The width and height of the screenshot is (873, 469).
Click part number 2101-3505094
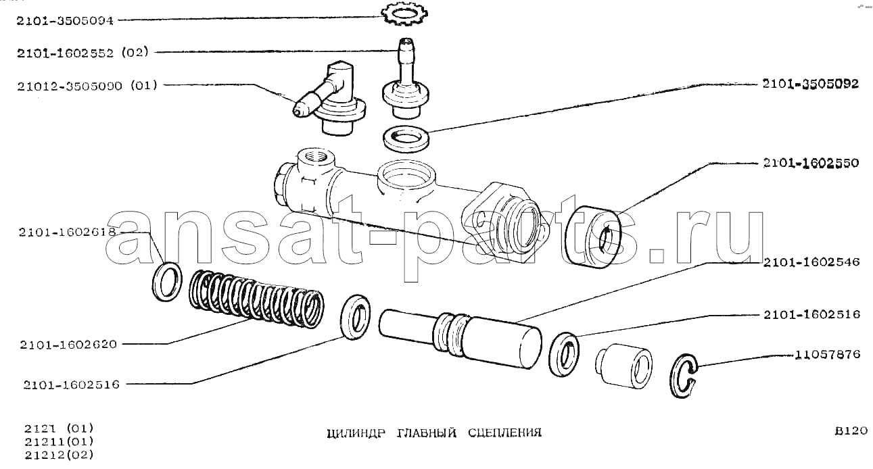65,20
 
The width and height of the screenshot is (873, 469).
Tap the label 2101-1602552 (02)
82,52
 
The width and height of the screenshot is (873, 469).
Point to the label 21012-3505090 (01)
87,85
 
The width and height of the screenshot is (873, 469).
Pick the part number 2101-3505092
811,84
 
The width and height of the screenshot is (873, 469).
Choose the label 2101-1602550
811,163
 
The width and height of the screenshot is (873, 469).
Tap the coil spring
256,299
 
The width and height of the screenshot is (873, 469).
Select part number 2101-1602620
68,345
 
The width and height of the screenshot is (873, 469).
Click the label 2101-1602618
67,232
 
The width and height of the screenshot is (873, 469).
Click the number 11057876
828,354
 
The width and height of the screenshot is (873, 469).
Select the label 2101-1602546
811,262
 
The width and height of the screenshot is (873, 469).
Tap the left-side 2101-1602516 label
71,385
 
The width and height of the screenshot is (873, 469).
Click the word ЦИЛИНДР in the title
356,433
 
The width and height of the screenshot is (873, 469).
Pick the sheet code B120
851,431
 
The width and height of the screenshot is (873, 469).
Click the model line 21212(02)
60,455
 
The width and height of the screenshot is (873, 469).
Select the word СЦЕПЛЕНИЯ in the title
504,433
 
